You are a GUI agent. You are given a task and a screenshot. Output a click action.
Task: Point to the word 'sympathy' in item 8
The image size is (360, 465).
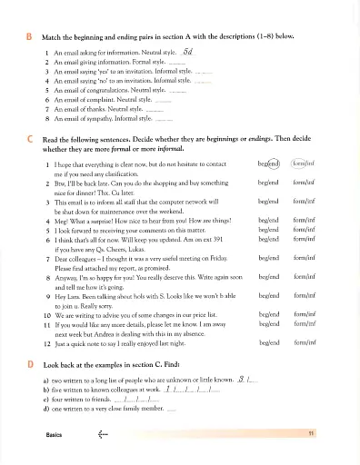click(111, 118)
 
